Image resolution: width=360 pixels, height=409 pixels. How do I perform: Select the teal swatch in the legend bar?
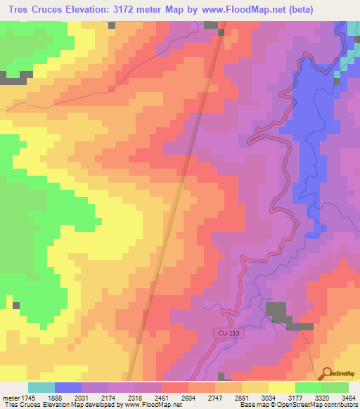pos(41,387)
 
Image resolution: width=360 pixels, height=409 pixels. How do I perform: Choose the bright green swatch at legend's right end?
pos(335,387)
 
